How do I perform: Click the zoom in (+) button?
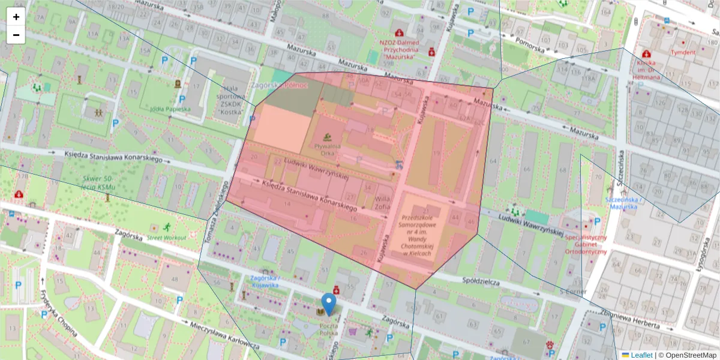[16, 17]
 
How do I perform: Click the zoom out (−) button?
[16, 35]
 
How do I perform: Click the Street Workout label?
[166, 237]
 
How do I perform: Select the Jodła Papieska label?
[170, 109]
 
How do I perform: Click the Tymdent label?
[683, 52]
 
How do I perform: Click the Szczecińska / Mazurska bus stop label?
[623, 203]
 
